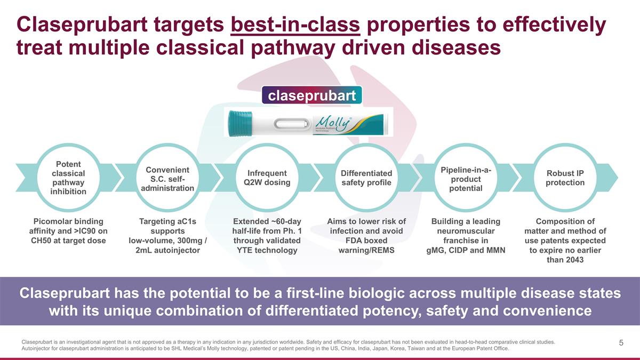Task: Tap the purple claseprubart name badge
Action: (312, 96)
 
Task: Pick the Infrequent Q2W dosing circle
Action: (267, 178)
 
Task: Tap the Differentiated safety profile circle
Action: (366, 178)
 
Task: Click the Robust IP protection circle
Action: (565, 178)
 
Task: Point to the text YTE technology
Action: (267, 250)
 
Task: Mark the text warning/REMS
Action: (366, 250)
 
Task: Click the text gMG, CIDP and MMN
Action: (466, 250)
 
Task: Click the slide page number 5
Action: (621, 343)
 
